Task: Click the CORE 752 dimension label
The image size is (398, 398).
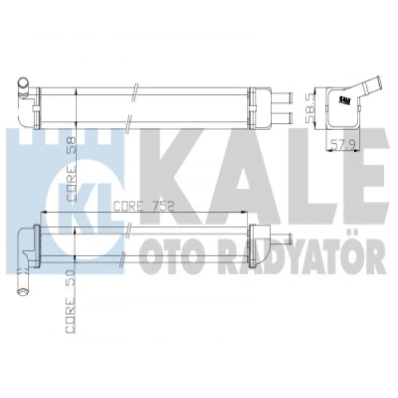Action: click(144, 206)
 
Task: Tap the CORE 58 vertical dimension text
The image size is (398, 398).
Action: click(71, 169)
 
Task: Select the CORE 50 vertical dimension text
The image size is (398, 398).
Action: click(71, 301)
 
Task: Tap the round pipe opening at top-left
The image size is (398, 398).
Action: click(23, 82)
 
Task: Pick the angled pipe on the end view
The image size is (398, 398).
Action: click(366, 87)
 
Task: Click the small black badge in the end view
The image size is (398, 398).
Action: click(345, 100)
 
